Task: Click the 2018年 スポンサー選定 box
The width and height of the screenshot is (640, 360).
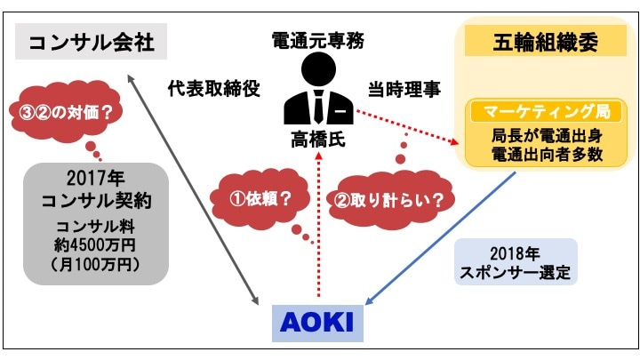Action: [x=516, y=261]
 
